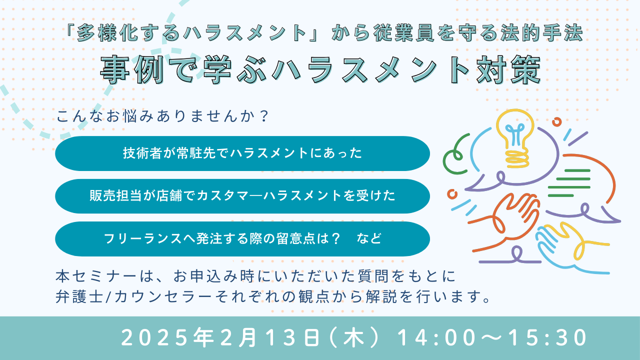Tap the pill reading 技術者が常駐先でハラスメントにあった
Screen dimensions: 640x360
[x=242, y=153]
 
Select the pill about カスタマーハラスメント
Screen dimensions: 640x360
[x=242, y=196]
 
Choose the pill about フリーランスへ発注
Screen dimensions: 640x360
[x=242, y=239]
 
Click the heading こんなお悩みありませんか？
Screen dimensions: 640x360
[x=162, y=116]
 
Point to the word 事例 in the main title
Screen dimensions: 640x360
[x=132, y=70]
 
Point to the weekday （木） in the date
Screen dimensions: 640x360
[x=354, y=338]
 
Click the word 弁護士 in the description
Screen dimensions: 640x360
[x=79, y=296]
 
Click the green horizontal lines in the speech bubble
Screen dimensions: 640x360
[x=569, y=183]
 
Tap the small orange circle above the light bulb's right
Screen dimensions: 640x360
[x=557, y=122]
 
